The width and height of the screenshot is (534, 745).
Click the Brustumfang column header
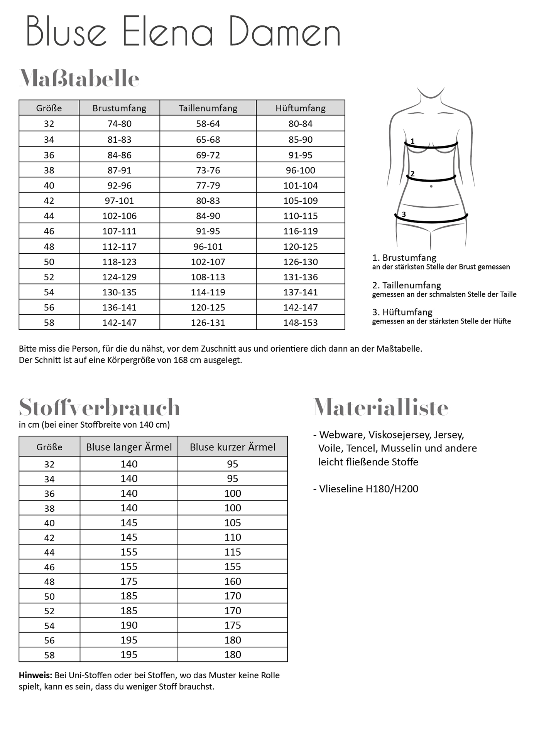point(119,108)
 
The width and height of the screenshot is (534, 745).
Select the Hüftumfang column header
point(300,108)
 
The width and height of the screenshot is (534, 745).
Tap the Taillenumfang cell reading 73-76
point(208,170)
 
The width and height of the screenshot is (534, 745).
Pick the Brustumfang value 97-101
point(119,201)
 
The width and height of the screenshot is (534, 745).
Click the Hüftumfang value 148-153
point(300,322)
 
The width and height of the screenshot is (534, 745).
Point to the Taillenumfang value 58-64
point(208,124)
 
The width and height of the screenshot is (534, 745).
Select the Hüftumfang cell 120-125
point(300,246)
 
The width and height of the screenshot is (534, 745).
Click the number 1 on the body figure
point(412,142)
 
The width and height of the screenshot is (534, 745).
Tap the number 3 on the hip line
point(404,214)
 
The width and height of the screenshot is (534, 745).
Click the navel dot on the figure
point(431,187)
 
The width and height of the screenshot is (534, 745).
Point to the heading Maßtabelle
point(79,79)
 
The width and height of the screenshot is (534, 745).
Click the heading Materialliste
point(381,407)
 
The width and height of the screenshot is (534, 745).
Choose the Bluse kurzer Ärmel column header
point(233,447)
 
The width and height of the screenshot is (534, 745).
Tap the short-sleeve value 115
point(233,552)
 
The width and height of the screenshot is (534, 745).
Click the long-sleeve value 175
point(129,581)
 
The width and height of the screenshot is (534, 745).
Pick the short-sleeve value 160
point(233,581)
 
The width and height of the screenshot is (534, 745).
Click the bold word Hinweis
point(35,675)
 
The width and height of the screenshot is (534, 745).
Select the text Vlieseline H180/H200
point(368,489)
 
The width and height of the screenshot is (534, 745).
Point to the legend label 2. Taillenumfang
point(406,285)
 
